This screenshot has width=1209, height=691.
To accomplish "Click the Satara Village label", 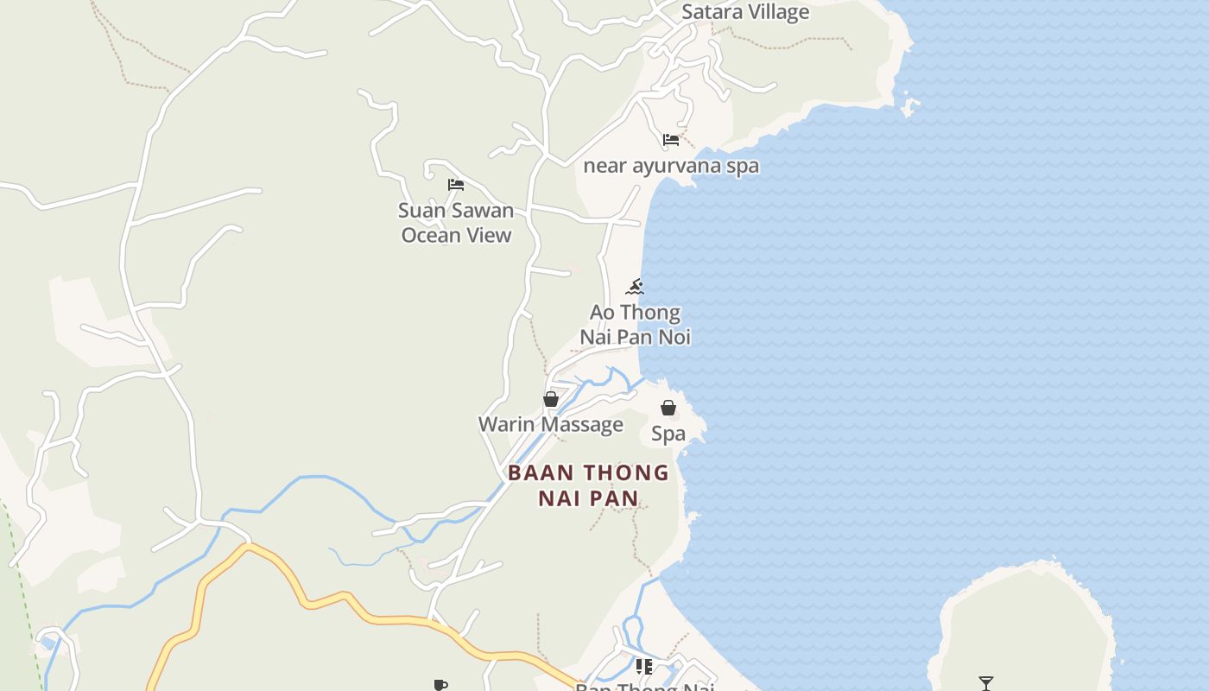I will [745, 12].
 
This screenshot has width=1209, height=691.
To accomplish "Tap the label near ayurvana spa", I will [671, 166].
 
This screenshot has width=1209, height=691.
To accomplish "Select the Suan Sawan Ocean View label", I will [456, 222].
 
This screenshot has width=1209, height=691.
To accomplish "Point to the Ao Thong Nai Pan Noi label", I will [635, 325].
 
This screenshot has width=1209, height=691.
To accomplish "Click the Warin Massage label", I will [551, 424].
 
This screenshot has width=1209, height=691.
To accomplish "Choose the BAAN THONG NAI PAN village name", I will [588, 485].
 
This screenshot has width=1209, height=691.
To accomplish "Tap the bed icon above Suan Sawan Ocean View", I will [456, 185].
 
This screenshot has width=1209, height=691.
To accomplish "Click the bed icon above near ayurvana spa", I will [671, 140].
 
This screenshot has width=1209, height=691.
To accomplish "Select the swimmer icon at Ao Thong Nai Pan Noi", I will [636, 287].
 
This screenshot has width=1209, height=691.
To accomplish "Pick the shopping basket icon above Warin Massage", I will [551, 399].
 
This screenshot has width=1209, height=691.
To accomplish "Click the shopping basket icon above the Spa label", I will [668, 408].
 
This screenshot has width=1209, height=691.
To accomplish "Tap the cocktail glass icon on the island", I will [986, 683].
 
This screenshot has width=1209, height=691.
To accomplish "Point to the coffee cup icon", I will [440, 685].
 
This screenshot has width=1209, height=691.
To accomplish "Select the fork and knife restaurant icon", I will [644, 666].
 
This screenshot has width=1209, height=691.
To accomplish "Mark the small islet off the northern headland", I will [909, 106].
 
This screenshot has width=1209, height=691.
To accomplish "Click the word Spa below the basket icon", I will [668, 434].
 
